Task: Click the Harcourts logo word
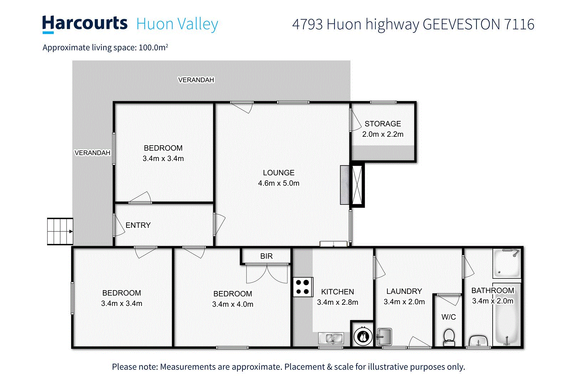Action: pyautogui.click(x=84, y=24)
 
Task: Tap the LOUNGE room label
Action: pyautogui.click(x=279, y=173)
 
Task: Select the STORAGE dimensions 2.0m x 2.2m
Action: pyautogui.click(x=383, y=134)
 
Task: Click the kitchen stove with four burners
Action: pyautogui.click(x=303, y=287)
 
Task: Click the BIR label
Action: pyautogui.click(x=266, y=256)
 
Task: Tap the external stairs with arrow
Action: pyautogui.click(x=60, y=231)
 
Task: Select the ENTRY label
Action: pyautogui.click(x=138, y=225)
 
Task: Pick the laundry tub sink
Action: pyautogui.click(x=384, y=337)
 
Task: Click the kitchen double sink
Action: pyautogui.click(x=331, y=338)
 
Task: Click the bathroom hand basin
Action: pyautogui.click(x=478, y=341)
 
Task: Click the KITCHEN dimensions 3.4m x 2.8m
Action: pyautogui.click(x=337, y=302)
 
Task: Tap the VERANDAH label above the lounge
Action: pyautogui.click(x=196, y=80)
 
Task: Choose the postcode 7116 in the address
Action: pyautogui.click(x=519, y=24)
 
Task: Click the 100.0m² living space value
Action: pyautogui.click(x=153, y=47)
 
